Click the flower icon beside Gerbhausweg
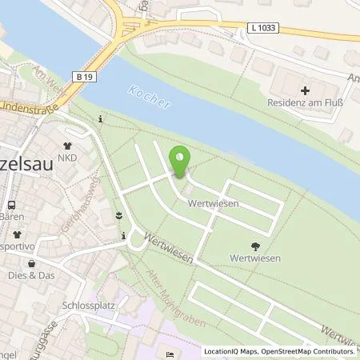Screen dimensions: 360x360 pyautogui.click(x=118, y=215)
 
